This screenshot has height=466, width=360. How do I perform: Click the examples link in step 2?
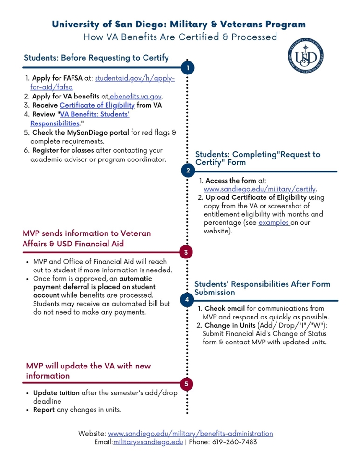(x=274, y=223)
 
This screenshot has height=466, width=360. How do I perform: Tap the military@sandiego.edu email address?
(x=148, y=442)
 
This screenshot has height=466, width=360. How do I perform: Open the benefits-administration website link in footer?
(x=190, y=433)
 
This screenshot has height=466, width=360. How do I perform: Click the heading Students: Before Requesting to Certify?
(x=96, y=58)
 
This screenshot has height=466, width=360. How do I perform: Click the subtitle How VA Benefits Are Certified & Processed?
(x=180, y=37)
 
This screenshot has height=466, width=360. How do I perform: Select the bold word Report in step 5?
(x=44, y=410)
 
